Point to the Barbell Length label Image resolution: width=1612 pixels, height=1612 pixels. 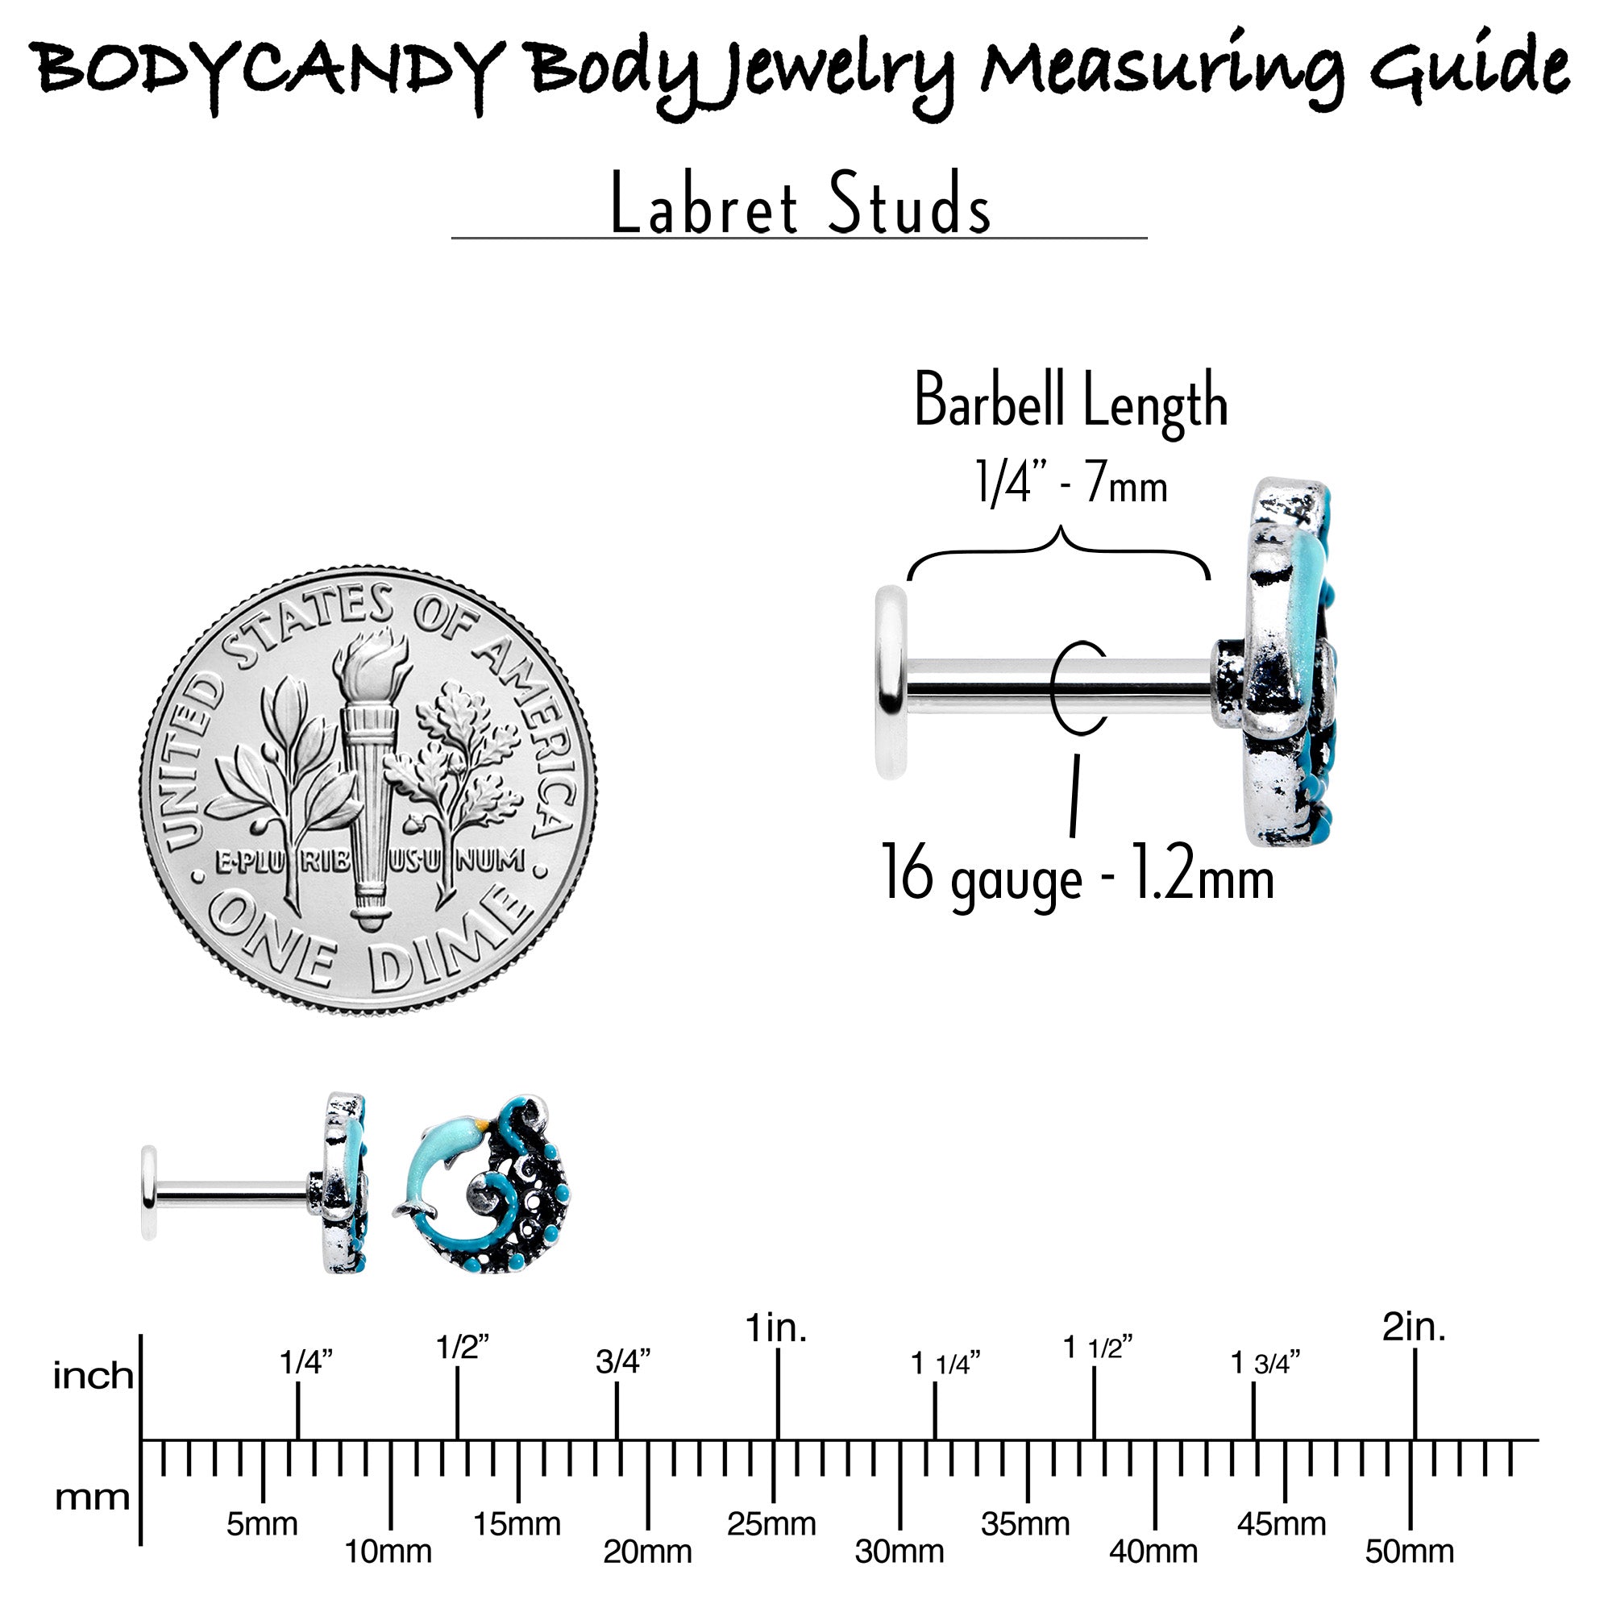(1070, 401)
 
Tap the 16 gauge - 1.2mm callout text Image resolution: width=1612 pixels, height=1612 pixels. (1077, 874)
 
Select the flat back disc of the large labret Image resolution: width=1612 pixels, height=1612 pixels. (891, 683)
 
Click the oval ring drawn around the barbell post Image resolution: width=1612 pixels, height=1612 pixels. (1081, 688)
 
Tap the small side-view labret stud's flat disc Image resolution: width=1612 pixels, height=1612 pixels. (148, 1192)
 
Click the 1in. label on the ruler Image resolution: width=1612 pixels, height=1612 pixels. (776, 1327)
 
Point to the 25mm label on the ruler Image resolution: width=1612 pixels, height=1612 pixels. (771, 1524)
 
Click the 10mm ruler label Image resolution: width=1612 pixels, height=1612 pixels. (388, 1552)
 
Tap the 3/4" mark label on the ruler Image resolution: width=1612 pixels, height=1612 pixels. (622, 1361)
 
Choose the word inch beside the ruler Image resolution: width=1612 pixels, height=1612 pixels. (93, 1377)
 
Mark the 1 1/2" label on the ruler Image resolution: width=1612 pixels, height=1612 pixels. (1098, 1348)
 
